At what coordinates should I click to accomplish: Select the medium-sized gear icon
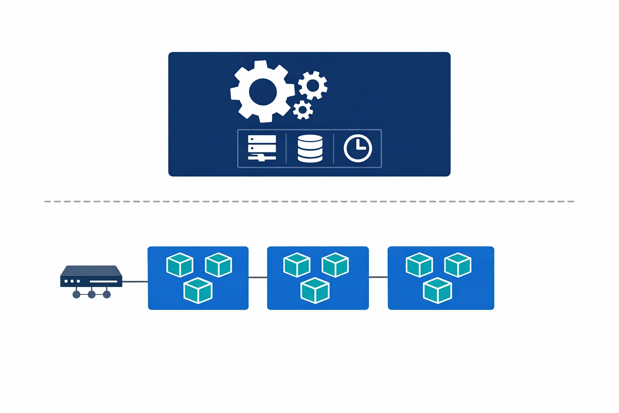pos(313,85)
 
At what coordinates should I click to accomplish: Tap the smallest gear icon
pos(303,110)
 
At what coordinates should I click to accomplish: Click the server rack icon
pos(262,148)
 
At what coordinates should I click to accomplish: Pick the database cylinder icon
pos(310,148)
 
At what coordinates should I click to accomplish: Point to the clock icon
pos(357,148)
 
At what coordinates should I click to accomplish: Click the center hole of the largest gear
pos(263,92)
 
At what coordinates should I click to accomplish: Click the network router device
pos(91,277)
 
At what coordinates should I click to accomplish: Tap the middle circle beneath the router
pos(91,295)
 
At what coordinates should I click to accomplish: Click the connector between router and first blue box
pos(135,282)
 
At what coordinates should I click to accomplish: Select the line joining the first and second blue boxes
pos(258,277)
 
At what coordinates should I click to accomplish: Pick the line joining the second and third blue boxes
pos(378,277)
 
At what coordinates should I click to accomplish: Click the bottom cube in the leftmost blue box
pos(198,290)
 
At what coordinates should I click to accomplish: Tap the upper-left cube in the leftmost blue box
pos(180,265)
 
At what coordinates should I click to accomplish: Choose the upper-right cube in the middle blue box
pos(335,265)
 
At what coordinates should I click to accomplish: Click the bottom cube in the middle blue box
pos(315,290)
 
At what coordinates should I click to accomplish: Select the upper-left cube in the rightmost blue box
pos(419,265)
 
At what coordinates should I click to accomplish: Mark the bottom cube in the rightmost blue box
pos(438,290)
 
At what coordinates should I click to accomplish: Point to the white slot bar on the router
pos(103,281)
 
